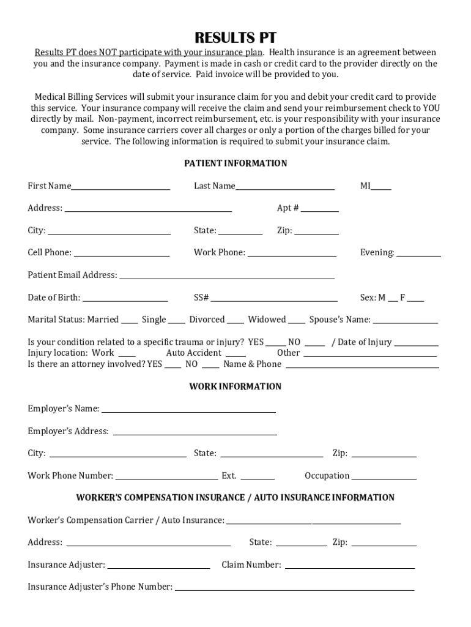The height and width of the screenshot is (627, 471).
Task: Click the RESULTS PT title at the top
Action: point(236,38)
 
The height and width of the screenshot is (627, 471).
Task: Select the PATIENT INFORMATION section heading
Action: point(236,163)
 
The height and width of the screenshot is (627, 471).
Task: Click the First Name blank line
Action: point(121,187)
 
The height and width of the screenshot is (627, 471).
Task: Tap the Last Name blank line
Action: point(285,187)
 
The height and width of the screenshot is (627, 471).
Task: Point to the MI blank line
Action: point(381,187)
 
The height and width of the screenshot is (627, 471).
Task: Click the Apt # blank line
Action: point(319,209)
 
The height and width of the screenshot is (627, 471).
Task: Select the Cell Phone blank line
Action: point(122,253)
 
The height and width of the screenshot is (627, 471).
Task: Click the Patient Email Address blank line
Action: point(227,276)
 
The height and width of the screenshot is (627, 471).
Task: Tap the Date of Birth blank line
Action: point(125,299)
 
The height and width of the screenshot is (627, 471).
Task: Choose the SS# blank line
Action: point(274,299)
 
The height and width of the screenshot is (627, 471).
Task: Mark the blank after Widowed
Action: point(297,321)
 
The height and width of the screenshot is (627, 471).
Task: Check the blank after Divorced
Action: point(237,321)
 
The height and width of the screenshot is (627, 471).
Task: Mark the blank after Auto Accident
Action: point(236,354)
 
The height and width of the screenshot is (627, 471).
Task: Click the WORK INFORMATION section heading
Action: point(236,387)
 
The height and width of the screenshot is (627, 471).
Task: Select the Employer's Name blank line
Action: point(188,410)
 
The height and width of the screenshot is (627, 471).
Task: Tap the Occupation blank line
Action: point(384,477)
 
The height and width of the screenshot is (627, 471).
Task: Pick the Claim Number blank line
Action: point(350,566)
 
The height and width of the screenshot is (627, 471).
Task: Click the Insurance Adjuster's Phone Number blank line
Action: point(294,588)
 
